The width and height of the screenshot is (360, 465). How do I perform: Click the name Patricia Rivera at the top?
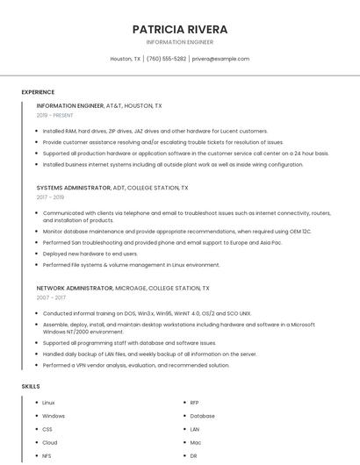click(x=179, y=29)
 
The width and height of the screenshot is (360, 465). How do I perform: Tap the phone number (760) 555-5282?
click(x=166, y=59)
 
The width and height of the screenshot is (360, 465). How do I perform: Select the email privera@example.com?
click(x=220, y=59)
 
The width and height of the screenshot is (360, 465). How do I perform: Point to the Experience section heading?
click(x=38, y=92)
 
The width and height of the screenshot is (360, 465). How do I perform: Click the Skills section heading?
click(x=31, y=386)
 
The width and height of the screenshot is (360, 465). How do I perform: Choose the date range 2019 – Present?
click(x=55, y=115)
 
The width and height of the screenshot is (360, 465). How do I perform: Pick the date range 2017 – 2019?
click(x=51, y=197)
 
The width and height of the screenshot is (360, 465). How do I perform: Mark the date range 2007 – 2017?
click(x=51, y=297)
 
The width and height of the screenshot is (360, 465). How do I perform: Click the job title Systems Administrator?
click(x=73, y=188)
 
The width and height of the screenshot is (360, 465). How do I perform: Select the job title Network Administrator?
click(x=75, y=288)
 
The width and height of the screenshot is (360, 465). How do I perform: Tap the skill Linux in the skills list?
click(x=48, y=403)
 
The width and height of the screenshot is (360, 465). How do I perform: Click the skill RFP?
click(x=194, y=403)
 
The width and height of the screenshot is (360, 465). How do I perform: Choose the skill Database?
click(x=202, y=416)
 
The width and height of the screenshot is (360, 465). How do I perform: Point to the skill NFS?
click(x=47, y=456)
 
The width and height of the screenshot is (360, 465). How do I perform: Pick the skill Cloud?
click(x=49, y=443)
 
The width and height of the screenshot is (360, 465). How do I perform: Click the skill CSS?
click(x=47, y=430)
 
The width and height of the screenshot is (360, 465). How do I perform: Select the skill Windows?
click(x=54, y=416)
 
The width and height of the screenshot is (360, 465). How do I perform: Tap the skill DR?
click(x=193, y=456)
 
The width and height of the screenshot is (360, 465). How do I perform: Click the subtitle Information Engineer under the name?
click(x=179, y=42)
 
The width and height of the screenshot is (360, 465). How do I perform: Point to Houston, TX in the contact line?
click(x=126, y=59)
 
